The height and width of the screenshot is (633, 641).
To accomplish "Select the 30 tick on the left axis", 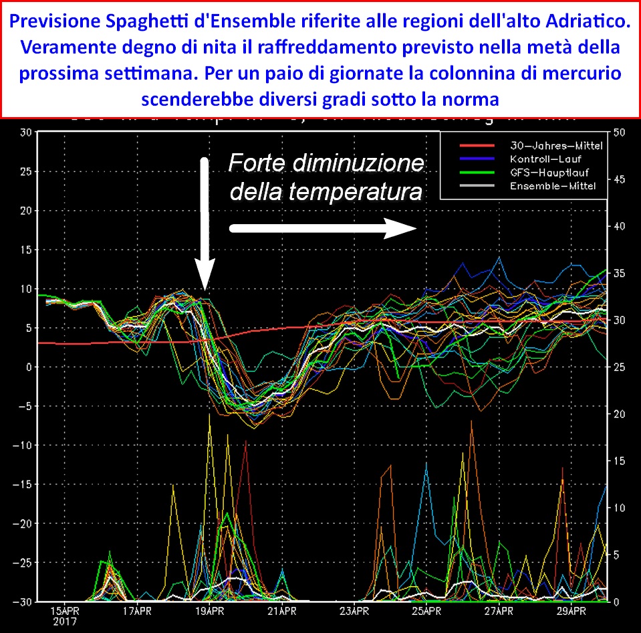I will coord(26,132).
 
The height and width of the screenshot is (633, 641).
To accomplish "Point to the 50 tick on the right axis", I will coord(619,132).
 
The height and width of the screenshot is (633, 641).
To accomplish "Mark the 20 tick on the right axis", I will coord(619,414).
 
